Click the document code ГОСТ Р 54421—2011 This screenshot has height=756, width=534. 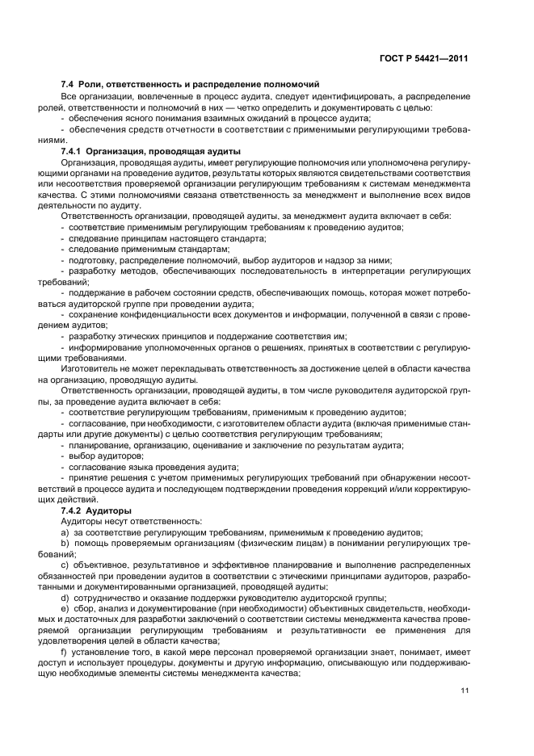(x=427, y=59)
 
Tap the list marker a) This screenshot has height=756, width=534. (x=64, y=532)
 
